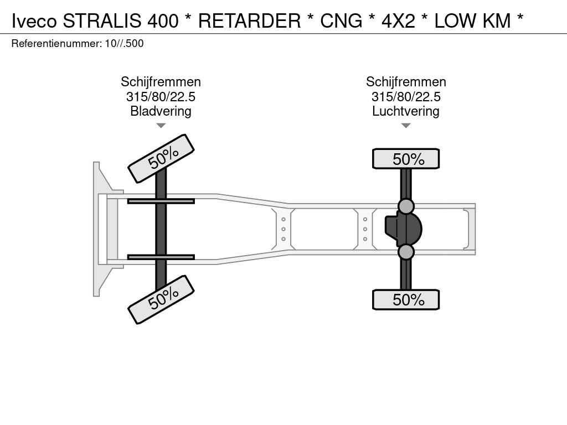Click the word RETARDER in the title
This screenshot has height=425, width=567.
pyautogui.click(x=250, y=20)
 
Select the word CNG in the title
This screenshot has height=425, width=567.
pyautogui.click(x=341, y=20)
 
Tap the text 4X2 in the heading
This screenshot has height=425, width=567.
pyautogui.click(x=399, y=20)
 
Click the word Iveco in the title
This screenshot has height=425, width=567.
pyautogui.click(x=34, y=20)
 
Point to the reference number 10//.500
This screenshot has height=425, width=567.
pyautogui.click(x=125, y=43)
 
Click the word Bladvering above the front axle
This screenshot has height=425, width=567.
pyautogui.click(x=161, y=111)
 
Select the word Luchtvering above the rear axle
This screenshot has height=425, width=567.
pyautogui.click(x=406, y=111)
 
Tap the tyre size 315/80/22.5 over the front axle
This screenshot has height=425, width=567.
pyautogui.click(x=161, y=96)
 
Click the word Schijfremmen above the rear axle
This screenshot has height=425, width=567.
pyautogui.click(x=406, y=82)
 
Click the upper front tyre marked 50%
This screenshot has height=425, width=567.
pyautogui.click(x=161, y=158)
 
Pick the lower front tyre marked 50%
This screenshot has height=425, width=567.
pyautogui.click(x=161, y=299)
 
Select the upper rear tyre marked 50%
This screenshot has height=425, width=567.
pyautogui.click(x=406, y=159)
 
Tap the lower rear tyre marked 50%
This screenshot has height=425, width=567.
pyautogui.click(x=406, y=299)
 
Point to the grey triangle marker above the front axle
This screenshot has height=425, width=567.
pyautogui.click(x=161, y=126)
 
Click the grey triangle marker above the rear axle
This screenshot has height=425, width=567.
pyautogui.click(x=406, y=126)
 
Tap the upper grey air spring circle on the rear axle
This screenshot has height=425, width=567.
pyautogui.click(x=406, y=206)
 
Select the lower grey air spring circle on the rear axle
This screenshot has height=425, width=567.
pyautogui.click(x=406, y=252)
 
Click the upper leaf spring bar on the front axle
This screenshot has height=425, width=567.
pyautogui.click(x=161, y=201)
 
